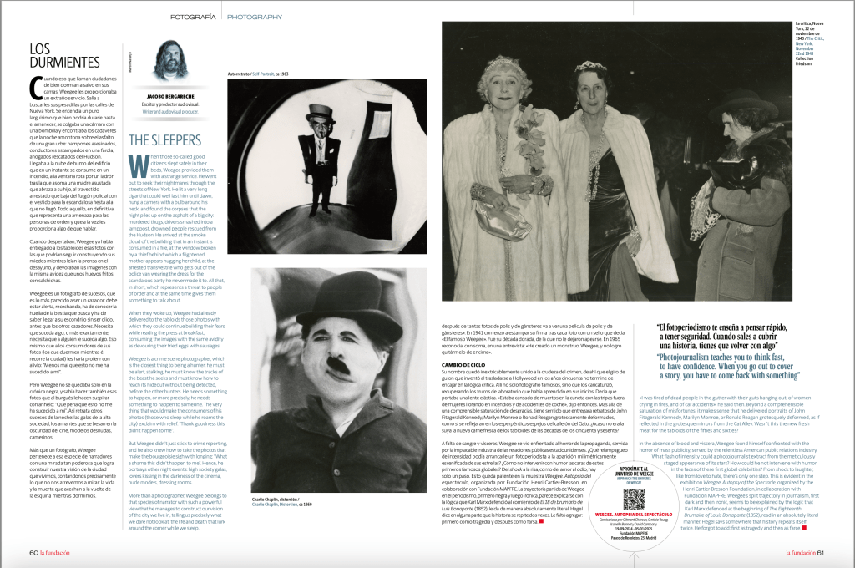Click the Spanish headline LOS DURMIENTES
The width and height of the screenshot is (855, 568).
64,55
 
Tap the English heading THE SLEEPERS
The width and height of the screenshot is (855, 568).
164,140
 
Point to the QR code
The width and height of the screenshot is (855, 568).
635,499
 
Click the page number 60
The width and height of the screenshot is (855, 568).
33,552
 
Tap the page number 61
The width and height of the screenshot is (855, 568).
821,552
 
